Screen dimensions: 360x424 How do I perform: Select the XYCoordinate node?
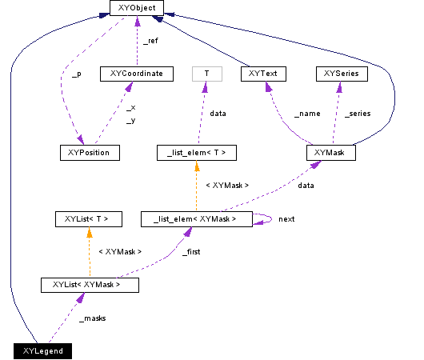click(136, 74)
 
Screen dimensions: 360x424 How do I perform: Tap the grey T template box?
click(206, 74)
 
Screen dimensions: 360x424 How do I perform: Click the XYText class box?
click(263, 74)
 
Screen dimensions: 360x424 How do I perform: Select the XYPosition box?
click(89, 152)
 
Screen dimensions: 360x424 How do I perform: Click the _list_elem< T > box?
click(196, 152)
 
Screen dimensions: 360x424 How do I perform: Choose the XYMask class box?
click(330, 152)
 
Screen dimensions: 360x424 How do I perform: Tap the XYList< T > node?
click(86, 218)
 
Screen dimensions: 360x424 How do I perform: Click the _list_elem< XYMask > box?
click(196, 218)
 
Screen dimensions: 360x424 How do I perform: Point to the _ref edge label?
click(150, 40)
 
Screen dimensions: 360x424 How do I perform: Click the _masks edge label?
click(93, 318)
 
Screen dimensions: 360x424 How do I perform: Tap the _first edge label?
click(191, 251)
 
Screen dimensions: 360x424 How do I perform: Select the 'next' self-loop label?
click(287, 218)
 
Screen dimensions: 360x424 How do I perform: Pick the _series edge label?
click(357, 114)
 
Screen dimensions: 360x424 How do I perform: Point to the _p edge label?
click(76, 74)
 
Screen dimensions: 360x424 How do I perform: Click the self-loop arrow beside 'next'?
click(265, 218)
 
